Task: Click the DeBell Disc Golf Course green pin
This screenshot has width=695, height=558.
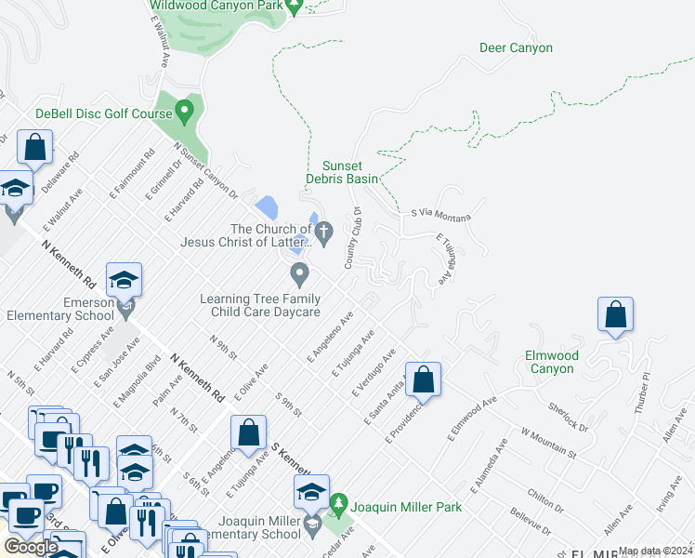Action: [184, 113]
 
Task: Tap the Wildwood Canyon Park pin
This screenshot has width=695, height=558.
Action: [295, 7]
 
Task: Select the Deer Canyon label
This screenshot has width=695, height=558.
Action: [516, 48]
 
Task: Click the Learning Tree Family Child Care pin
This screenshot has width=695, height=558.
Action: [299, 273]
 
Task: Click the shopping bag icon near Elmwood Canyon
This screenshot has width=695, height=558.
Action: [615, 314]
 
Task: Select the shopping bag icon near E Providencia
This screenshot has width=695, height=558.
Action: [423, 379]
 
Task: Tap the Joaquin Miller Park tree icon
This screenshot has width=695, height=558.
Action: [338, 504]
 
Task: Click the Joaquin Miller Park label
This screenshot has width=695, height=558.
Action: [405, 508]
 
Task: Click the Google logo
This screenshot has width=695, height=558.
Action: [31, 546]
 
